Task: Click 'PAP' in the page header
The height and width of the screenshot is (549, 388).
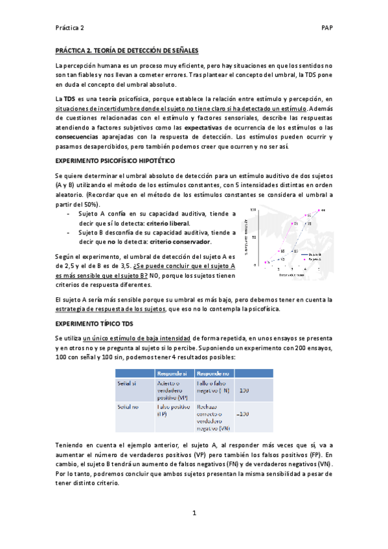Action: point(327,28)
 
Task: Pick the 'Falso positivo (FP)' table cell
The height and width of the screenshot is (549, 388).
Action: point(173,410)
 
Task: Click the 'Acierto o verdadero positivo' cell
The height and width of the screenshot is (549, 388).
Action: point(173,391)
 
